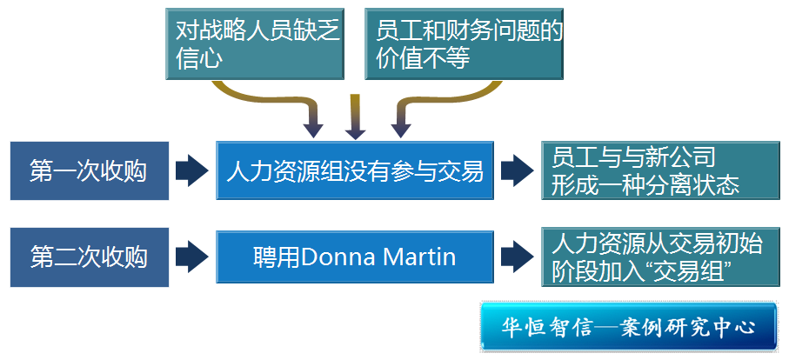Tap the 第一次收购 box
point(88,170)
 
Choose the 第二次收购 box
point(88,257)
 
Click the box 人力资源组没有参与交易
point(354,170)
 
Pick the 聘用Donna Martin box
point(354,257)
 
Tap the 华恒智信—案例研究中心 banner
point(627,328)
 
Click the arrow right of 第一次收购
point(191,170)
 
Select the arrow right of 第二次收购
point(191,257)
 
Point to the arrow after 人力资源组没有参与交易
point(517,170)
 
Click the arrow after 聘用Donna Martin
point(517,257)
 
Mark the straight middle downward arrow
point(355,117)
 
